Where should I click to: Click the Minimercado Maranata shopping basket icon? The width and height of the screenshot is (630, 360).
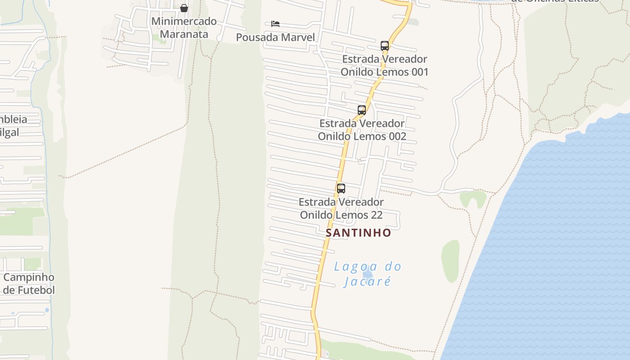pyautogui.click(x=184, y=8)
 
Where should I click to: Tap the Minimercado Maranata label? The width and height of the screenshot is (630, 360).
pyautogui.click(x=184, y=27)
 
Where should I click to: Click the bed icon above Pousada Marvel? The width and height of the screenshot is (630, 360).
pyautogui.click(x=275, y=23)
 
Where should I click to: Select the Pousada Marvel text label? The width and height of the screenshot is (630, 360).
pyautogui.click(x=275, y=37)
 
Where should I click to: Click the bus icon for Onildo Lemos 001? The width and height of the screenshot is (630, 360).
pyautogui.click(x=385, y=45)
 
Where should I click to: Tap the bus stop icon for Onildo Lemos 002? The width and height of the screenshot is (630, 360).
pyautogui.click(x=362, y=110)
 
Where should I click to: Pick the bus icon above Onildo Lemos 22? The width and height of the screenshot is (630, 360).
pyautogui.click(x=341, y=189)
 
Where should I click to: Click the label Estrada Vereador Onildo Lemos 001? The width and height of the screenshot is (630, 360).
pyautogui.click(x=384, y=66)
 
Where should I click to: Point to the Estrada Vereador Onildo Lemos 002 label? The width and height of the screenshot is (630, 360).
pyautogui.click(x=362, y=130)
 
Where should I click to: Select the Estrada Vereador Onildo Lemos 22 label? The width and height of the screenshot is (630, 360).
pyautogui.click(x=341, y=208)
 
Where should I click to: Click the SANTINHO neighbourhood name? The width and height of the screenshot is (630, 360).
pyautogui.click(x=359, y=233)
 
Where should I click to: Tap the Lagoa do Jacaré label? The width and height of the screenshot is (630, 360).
pyautogui.click(x=367, y=274)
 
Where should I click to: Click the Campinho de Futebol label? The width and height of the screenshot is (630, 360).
pyautogui.click(x=29, y=283)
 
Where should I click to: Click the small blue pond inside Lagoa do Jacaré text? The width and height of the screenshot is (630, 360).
pyautogui.click(x=368, y=273)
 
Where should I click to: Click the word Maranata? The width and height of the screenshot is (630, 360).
pyautogui.click(x=184, y=34)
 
